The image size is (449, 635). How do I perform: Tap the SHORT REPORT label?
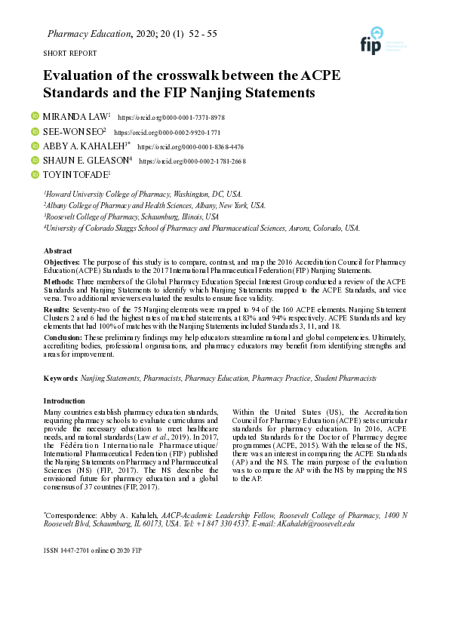[x=70, y=54]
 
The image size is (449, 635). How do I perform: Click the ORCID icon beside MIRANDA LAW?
[x=35, y=117]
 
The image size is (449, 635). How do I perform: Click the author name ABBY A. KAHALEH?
[x=85, y=146]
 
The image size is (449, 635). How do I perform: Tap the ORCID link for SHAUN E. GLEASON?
[x=192, y=161]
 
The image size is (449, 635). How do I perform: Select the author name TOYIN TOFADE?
[x=75, y=175]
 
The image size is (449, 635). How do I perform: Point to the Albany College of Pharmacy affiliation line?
[x=155, y=205]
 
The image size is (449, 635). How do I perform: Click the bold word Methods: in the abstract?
[x=57, y=281]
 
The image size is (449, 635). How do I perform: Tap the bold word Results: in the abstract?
[x=57, y=309]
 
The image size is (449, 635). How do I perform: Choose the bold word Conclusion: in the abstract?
[x=62, y=337]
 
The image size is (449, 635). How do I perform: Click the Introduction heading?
[x=64, y=401]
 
